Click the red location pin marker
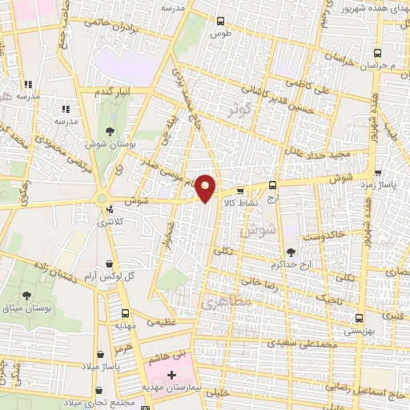point(206,187)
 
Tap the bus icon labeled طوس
point(222,22)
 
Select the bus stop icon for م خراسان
point(376,52)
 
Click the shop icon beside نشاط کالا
point(240,191)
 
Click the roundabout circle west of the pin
point(102,199)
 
